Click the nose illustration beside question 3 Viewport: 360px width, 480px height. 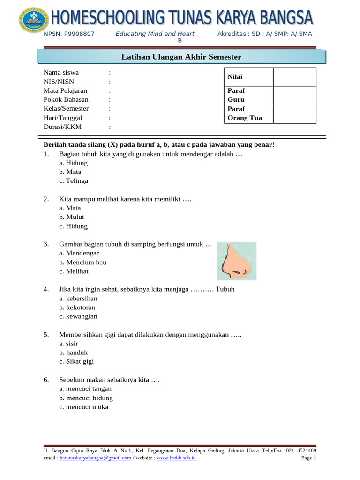coord(236,261)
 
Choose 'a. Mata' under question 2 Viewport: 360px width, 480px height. coord(70,208)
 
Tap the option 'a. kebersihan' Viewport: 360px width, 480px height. coord(78,299)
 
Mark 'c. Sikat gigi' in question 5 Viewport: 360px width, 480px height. coord(76,362)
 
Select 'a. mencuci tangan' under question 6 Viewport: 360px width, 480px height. coord(85,389)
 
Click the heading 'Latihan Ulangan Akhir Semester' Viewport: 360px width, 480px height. coord(181,57)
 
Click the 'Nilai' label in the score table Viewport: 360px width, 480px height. coord(235,77)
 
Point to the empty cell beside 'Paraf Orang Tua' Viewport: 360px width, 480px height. coord(294,114)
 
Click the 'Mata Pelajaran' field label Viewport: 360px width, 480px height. coord(65,91)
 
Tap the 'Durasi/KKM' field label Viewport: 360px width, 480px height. coord(62,127)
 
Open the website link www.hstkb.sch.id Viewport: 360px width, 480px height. coord(176,458)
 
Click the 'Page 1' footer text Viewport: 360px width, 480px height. coord(309,458)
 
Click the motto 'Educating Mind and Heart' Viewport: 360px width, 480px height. coord(155,34)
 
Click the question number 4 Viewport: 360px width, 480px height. coord(46,290)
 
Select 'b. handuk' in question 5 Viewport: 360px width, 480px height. coord(74,352)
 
